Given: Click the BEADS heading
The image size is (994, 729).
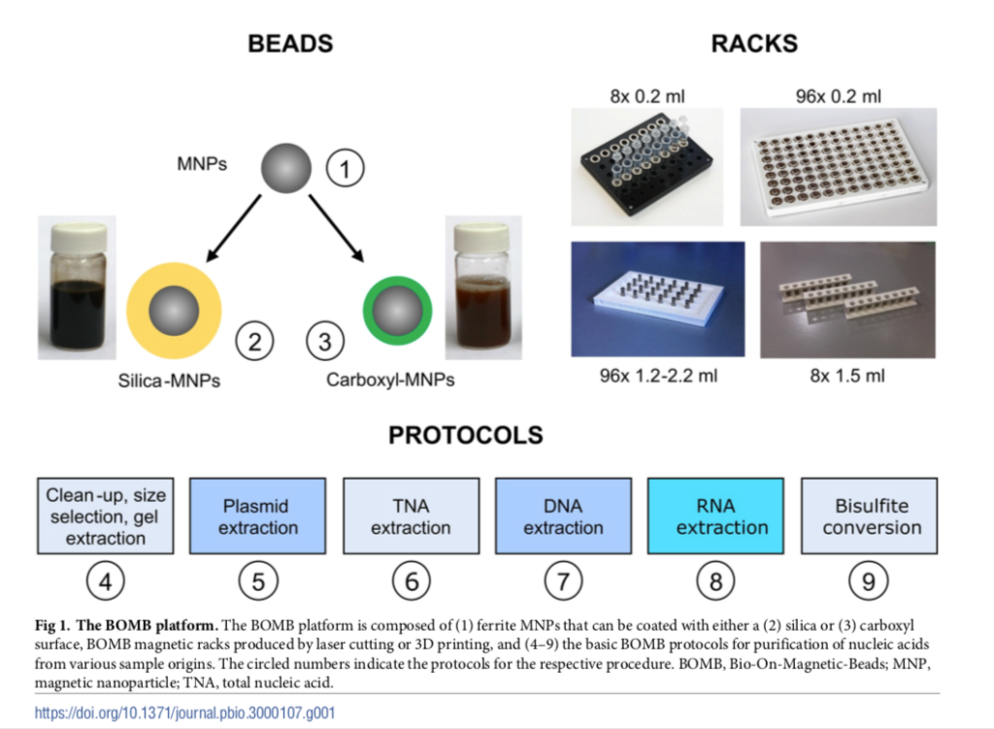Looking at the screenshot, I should click(290, 44).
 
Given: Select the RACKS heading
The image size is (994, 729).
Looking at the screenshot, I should click(754, 44).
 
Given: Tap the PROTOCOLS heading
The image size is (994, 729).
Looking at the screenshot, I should click(466, 435).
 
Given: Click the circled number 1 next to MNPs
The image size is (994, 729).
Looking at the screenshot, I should click(344, 170).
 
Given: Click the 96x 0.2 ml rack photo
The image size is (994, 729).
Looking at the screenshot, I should click(838, 160).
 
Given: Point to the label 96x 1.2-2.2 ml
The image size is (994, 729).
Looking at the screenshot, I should click(657, 376).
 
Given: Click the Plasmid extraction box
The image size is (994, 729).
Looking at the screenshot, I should click(257, 515).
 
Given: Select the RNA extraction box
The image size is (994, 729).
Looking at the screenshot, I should click(715, 515).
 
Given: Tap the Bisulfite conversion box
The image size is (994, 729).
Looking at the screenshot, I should click(869, 515).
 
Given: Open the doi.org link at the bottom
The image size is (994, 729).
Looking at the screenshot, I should click(185, 712).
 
